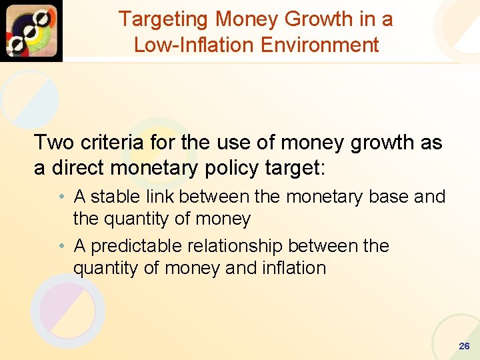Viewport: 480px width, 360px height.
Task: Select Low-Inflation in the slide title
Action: tap(190, 45)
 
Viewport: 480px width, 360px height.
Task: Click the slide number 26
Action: tap(464, 347)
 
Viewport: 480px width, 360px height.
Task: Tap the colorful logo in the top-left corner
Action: tap(31, 31)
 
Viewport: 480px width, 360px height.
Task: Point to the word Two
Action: tap(54, 143)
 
